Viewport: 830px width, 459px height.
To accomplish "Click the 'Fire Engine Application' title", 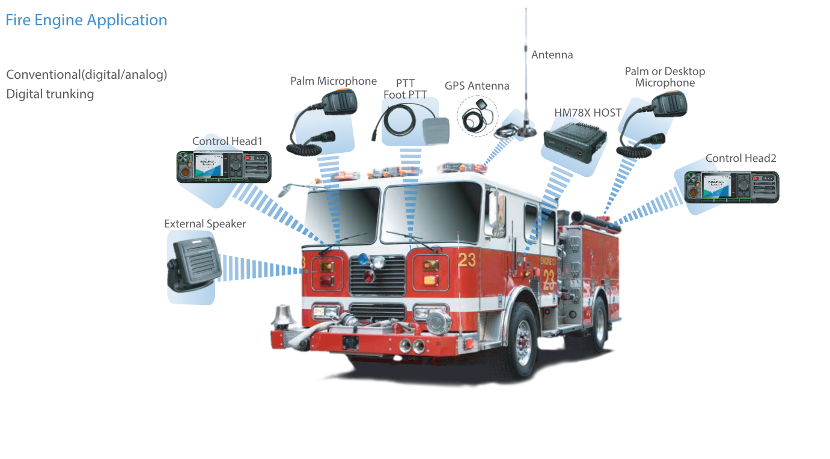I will pos(86,20).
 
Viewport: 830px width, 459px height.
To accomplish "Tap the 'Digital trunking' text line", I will pos(50,94).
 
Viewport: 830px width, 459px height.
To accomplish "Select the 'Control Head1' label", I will pos(227,141).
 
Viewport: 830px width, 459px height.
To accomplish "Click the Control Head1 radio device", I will pos(224,167).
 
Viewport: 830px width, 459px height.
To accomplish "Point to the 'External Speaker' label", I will pos(205,224).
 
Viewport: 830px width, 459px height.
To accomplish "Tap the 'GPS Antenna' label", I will pos(477,86).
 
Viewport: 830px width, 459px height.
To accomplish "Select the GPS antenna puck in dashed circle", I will pos(480,114).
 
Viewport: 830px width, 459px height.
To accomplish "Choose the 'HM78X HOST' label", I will pos(587,112).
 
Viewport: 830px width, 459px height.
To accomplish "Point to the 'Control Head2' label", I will pos(740,158).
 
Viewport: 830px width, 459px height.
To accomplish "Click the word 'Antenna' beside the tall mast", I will pos(552,55).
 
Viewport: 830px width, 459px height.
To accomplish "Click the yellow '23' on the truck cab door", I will pos(466,260).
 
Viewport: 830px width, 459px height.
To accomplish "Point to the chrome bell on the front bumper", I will pos(281,316).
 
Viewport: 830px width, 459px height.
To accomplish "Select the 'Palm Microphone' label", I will pos(333,81).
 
